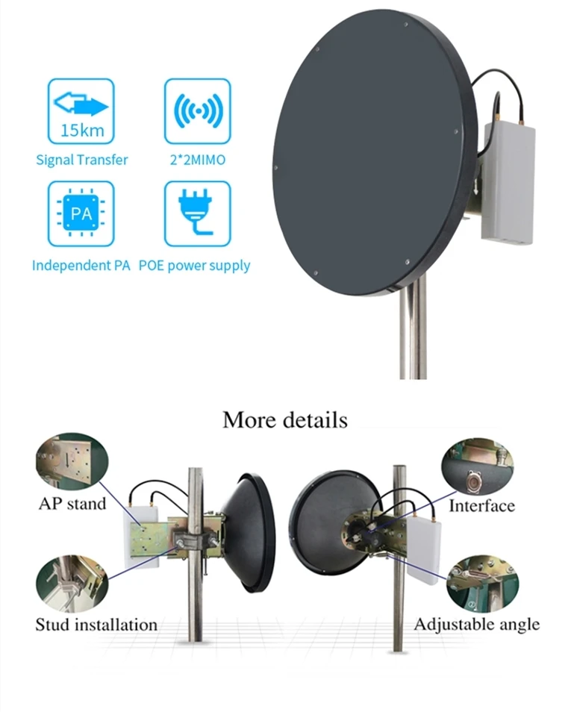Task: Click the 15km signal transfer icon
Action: (81, 110)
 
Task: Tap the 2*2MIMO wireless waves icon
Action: (197, 110)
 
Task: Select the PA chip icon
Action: (81, 213)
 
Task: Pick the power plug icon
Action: (197, 213)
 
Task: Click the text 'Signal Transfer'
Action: (82, 160)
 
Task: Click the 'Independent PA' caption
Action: (81, 266)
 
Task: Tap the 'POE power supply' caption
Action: (195, 266)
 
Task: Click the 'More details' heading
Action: (284, 419)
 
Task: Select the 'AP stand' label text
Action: (72, 503)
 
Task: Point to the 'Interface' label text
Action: (481, 505)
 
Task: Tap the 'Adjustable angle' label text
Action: (476, 623)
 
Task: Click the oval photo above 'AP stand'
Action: (72, 462)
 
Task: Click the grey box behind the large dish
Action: (508, 182)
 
